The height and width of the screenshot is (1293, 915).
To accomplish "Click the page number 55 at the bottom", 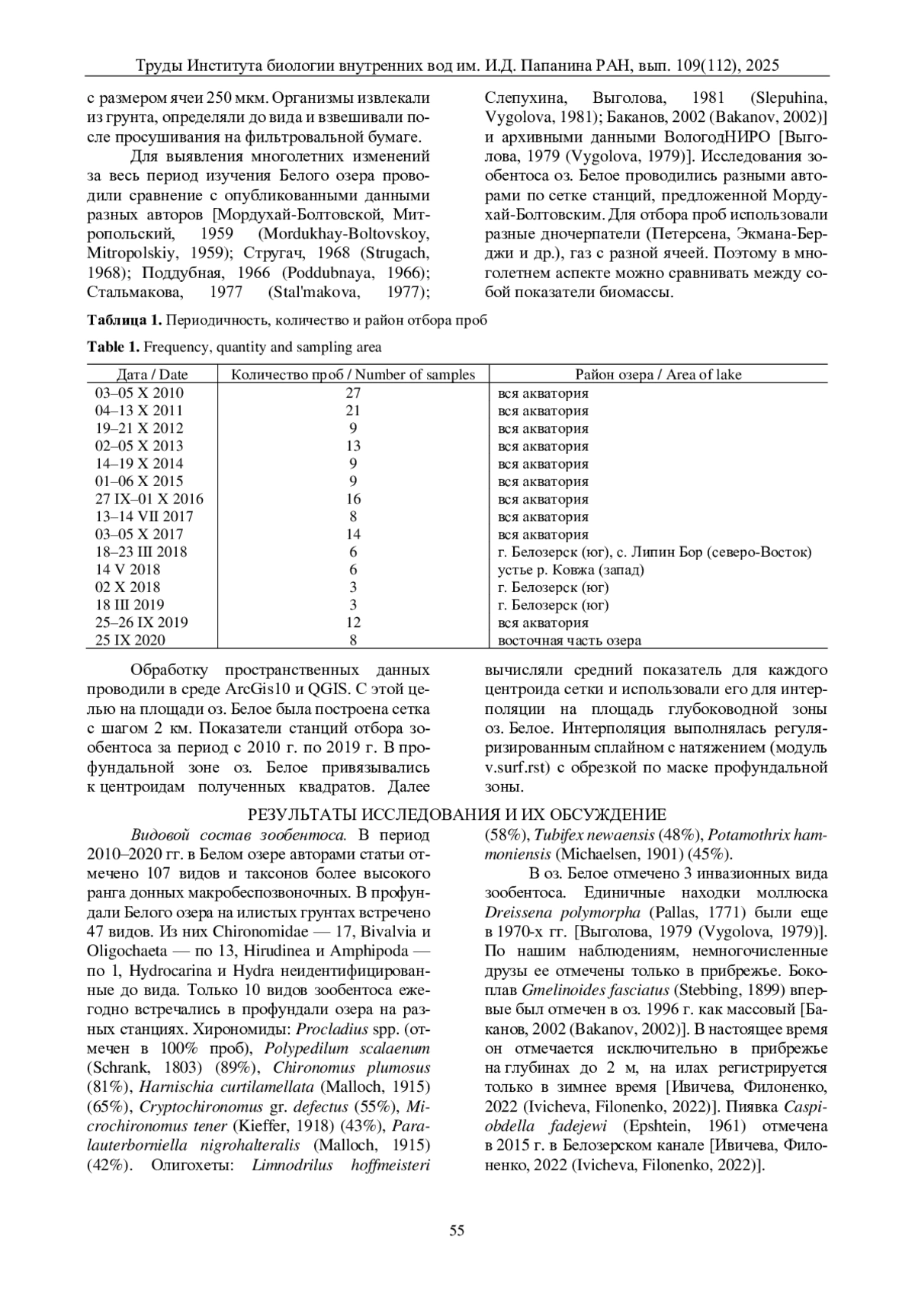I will point(457,1230).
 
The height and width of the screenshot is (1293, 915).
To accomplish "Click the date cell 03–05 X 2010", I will point(139,393).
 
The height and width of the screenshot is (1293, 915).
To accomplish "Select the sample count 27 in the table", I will point(353,393).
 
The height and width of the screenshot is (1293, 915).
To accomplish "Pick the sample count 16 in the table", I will point(353,499).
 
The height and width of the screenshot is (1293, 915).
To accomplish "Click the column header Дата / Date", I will point(152,374).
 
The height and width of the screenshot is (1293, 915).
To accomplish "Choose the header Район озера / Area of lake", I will point(658,374).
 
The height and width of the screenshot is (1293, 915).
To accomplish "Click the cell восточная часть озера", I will point(569,641).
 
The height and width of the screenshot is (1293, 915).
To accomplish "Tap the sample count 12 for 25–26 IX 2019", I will point(353,622).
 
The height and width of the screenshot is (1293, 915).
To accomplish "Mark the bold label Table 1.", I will point(114,347).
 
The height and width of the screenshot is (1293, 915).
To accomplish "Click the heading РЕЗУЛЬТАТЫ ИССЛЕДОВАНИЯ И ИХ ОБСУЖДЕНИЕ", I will point(457,814).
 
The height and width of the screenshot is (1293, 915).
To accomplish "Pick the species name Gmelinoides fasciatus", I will point(596,991).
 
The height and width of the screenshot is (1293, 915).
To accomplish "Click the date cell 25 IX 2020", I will point(130,641).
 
